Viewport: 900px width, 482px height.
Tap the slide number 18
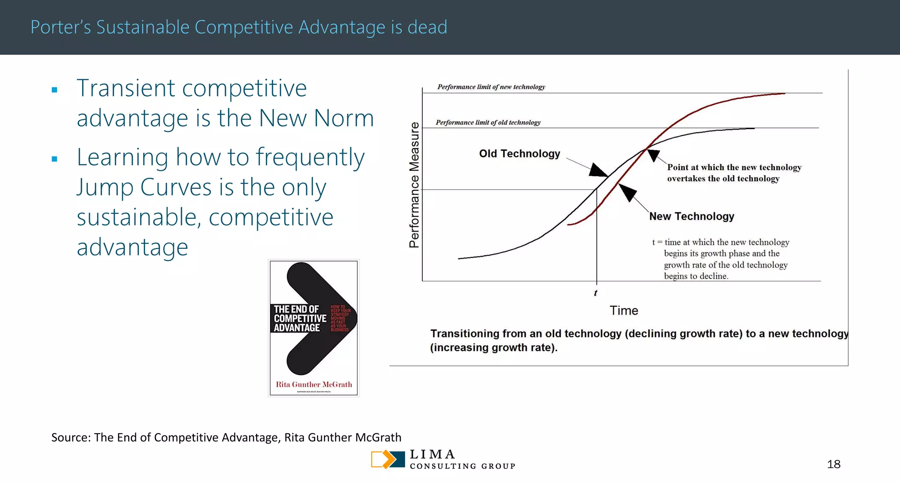click(833, 464)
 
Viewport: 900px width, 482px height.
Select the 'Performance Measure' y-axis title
click(414, 185)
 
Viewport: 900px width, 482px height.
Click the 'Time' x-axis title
click(624, 311)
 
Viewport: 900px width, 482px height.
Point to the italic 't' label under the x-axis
click(595, 293)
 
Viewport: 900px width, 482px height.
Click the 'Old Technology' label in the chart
click(519, 154)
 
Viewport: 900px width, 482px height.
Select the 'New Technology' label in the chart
click(692, 217)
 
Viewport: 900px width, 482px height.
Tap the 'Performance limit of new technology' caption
click(491, 87)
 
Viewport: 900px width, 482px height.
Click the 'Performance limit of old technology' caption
click(488, 123)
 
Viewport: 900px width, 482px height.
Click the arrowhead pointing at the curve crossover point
click(653, 155)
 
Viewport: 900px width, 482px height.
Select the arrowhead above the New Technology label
click(627, 192)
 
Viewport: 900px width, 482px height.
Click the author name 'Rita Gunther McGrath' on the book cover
click(314, 384)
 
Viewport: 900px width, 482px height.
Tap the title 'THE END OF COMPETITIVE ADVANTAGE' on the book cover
click(299, 319)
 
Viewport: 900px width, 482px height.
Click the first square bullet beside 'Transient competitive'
click(54, 90)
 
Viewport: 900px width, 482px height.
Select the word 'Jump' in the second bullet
click(105, 188)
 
